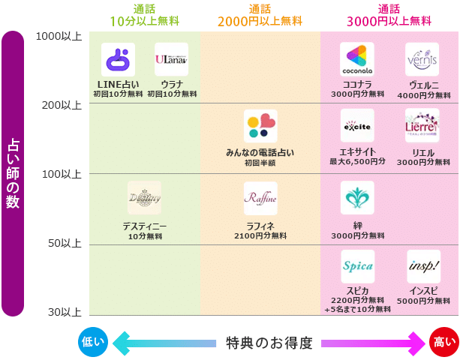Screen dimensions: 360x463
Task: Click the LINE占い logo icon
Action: [x=118, y=59]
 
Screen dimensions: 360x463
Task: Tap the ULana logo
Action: [x=171, y=59]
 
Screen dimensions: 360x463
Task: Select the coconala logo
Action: [x=357, y=59]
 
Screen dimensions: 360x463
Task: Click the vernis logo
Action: [x=422, y=59]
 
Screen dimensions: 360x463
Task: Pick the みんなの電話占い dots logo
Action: [x=260, y=126]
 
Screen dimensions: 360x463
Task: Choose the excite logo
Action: [x=357, y=126]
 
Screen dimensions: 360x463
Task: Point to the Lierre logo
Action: [x=422, y=126]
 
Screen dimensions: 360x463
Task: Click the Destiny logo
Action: [x=144, y=198]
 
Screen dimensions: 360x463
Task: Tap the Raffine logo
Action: [x=260, y=198]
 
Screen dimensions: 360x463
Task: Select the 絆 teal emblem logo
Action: [x=357, y=198]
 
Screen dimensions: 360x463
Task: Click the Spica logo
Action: [x=357, y=266]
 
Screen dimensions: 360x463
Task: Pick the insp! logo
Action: [x=423, y=266]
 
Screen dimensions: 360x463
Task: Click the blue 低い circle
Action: [x=93, y=343]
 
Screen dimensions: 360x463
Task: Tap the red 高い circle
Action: [x=444, y=343]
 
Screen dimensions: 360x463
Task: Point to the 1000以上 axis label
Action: [x=58, y=35]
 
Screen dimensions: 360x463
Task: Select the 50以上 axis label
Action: [x=64, y=244]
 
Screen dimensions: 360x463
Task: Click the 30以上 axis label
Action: [x=64, y=311]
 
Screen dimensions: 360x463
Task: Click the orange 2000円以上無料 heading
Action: [x=260, y=21]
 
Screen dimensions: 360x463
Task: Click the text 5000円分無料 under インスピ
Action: [x=423, y=300]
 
